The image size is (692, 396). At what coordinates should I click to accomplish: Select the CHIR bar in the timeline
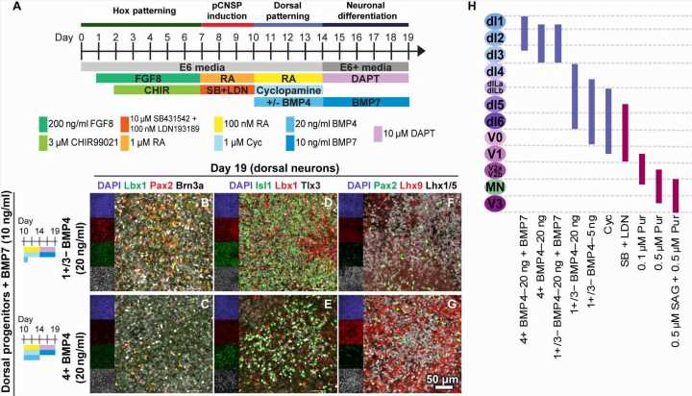(157, 89)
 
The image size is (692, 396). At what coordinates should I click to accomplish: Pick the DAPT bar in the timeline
(366, 77)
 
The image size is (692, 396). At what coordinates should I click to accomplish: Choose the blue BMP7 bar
(366, 101)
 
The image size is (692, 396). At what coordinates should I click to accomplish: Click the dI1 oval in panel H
(495, 21)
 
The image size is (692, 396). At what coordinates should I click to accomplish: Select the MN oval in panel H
(495, 187)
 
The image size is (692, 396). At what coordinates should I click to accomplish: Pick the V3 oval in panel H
(495, 204)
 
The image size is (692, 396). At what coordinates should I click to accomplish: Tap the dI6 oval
(495, 121)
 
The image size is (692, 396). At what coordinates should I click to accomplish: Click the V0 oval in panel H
(495, 137)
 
